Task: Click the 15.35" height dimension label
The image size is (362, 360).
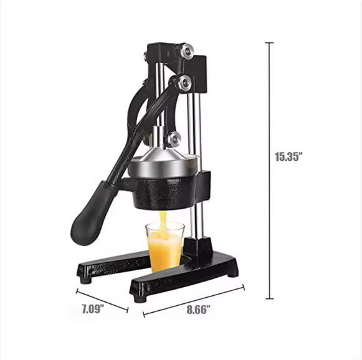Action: pos(288,157)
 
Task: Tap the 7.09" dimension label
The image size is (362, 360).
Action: pos(93,309)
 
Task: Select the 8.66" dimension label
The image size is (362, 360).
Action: pos(199,310)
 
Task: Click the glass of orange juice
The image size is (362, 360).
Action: pos(165,247)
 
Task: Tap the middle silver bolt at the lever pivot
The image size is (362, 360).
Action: pos(184,83)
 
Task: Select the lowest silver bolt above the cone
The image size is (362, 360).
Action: pos(174,139)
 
